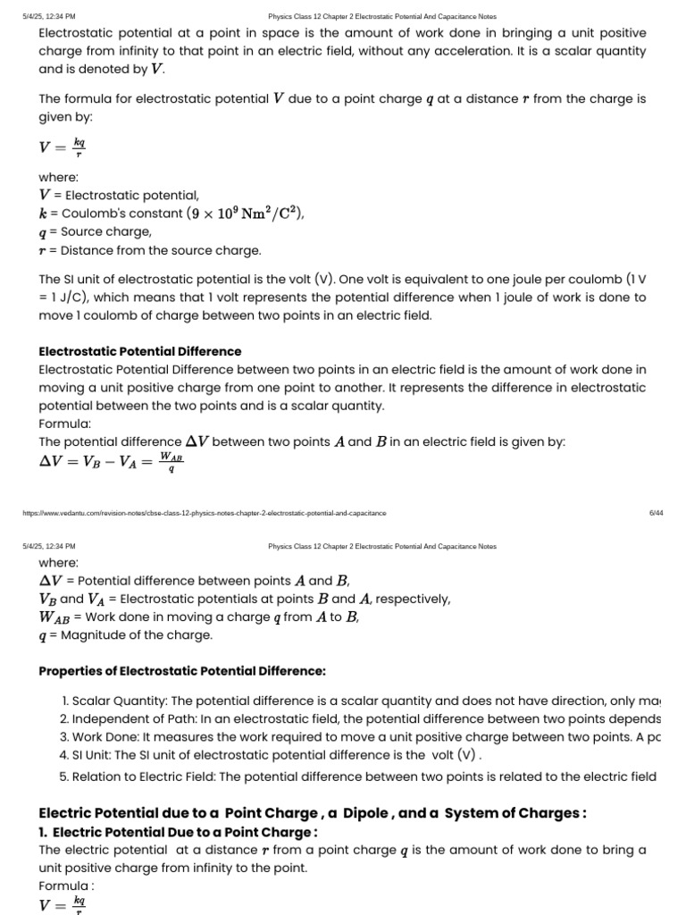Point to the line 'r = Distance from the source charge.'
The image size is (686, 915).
[150, 250]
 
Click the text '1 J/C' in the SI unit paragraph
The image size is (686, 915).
[70, 298]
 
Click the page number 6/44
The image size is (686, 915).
[656, 514]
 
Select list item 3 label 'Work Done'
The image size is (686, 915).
[104, 737]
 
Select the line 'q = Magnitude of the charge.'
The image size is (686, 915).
[126, 635]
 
